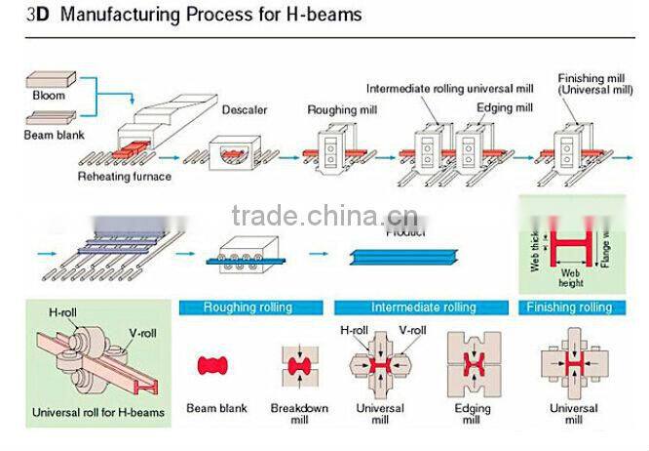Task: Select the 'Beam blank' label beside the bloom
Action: pyautogui.click(x=53, y=135)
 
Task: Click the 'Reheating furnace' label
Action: pyautogui.click(x=125, y=178)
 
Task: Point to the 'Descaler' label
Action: pyautogui.click(x=246, y=109)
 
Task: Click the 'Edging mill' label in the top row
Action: pyautogui.click(x=504, y=107)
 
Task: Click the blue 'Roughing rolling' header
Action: pyautogui.click(x=248, y=307)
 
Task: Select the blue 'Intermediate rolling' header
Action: pyautogui.click(x=424, y=307)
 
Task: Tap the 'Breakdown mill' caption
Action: pyautogui.click(x=299, y=414)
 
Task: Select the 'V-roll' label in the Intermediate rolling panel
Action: pyautogui.click(x=411, y=330)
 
